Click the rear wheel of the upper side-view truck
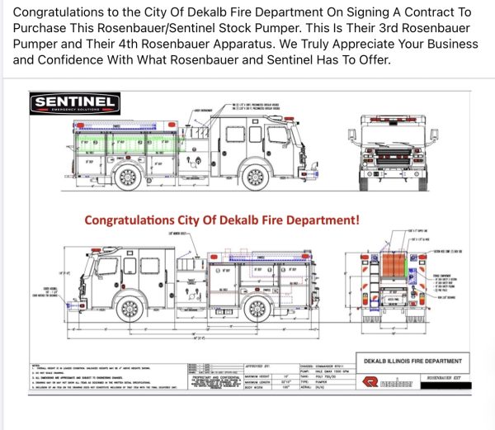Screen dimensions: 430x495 pyautogui.click(x=128, y=176)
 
